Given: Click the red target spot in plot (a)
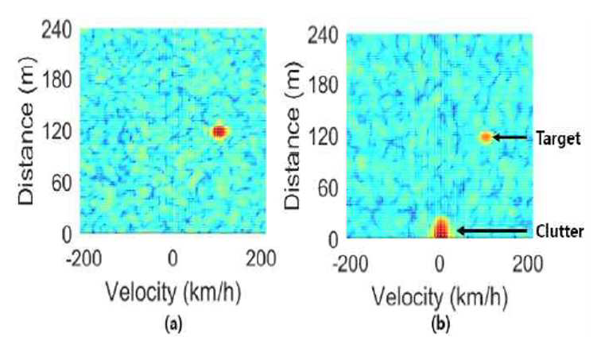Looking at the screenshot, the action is click(219, 132).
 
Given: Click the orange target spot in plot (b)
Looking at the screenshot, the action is click(486, 137).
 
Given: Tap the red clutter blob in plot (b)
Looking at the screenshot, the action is click(440, 227).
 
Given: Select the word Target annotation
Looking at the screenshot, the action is click(558, 138).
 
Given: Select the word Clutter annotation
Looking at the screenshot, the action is click(560, 231).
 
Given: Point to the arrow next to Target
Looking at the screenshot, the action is click(510, 137).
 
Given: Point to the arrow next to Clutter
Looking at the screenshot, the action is click(492, 231).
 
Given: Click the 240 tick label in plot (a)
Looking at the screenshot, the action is click(56, 29).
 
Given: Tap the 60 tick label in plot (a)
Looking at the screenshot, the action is click(61, 184).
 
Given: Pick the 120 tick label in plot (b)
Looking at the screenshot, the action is click(323, 137).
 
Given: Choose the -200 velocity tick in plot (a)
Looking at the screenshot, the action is click(83, 259).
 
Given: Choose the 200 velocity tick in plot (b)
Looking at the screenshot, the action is click(527, 264).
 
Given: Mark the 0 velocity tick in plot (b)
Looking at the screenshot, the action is click(440, 264).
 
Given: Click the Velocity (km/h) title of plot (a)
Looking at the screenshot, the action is click(173, 292).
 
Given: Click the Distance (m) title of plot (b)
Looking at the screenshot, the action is click(293, 136).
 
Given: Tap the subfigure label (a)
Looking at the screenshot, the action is click(173, 324).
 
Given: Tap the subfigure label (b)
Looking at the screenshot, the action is click(440, 324).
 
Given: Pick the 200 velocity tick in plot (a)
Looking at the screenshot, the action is click(262, 259).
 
